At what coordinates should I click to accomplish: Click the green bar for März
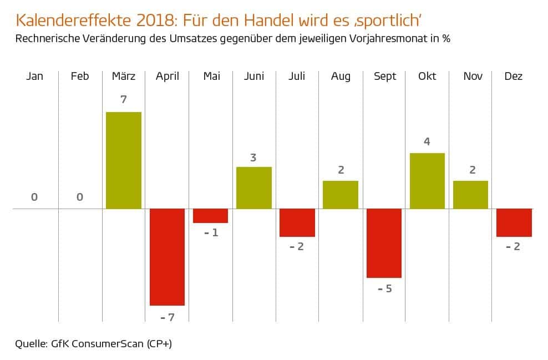(123, 160)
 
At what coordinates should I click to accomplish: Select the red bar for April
(167, 257)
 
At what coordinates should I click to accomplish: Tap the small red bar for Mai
(210, 216)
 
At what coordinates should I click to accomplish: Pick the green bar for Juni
(254, 187)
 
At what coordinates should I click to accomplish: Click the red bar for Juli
(297, 222)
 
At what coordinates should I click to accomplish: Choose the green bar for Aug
(341, 195)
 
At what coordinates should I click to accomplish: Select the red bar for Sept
(384, 243)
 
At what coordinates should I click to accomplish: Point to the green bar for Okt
(427, 181)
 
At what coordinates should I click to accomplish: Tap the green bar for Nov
(470, 195)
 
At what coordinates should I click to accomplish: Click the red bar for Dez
(514, 222)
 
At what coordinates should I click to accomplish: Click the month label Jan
(34, 77)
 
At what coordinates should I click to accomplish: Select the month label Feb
(80, 77)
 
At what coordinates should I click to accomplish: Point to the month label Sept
(384, 77)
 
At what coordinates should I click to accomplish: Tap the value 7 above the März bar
(123, 100)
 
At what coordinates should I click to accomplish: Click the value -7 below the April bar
(167, 318)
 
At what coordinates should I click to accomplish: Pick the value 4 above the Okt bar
(427, 141)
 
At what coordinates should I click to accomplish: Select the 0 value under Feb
(80, 197)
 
